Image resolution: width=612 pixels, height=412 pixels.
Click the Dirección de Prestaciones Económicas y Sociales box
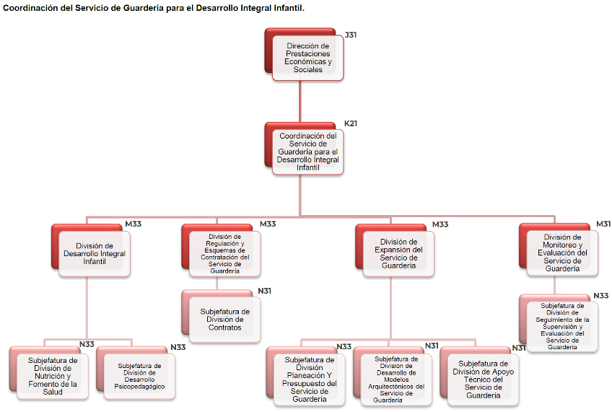[308, 58]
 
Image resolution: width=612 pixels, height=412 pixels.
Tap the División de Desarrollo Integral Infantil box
[95, 253]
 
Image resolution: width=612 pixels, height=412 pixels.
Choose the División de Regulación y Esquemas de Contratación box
[224, 253]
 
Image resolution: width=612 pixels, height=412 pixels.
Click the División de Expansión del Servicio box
[398, 253]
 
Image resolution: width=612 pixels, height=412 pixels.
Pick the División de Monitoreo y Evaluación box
[562, 253]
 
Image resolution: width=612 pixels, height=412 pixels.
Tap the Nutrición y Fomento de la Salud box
[53, 375]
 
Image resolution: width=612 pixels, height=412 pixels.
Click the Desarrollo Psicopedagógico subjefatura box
[139, 375]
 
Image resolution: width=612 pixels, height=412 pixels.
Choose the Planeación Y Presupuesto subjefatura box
[309, 379]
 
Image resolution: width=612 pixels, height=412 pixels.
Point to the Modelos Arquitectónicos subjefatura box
[396, 379]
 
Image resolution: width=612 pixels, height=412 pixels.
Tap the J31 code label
[351, 35]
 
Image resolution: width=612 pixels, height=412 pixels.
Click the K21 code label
[351, 123]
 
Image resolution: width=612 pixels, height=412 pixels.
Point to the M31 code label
[603, 224]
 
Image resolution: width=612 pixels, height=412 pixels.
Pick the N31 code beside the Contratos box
[265, 291]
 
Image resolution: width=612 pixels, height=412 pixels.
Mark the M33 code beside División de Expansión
[440, 224]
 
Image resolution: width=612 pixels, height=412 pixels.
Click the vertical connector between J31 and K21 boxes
[300, 102]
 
